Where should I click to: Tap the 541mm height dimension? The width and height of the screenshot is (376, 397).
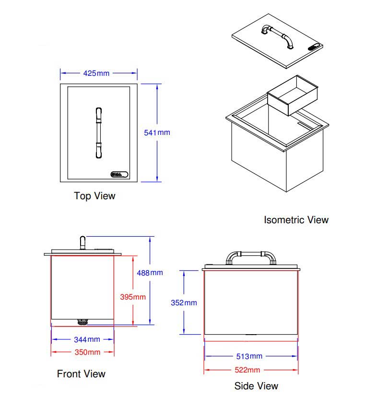pyautogui.click(x=157, y=132)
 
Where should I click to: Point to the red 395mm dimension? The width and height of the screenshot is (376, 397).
pyautogui.click(x=132, y=297)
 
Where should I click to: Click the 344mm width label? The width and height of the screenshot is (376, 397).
pyautogui.click(x=87, y=339)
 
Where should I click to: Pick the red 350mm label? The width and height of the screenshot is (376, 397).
pyautogui.click(x=87, y=352)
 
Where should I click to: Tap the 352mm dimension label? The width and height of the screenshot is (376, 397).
pyautogui.click(x=184, y=303)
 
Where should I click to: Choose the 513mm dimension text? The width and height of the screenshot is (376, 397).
pyautogui.click(x=249, y=356)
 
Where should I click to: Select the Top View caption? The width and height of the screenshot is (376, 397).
pyautogui.click(x=94, y=196)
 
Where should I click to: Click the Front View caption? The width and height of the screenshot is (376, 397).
pyautogui.click(x=81, y=373)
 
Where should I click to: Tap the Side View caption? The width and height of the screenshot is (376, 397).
pyautogui.click(x=256, y=385)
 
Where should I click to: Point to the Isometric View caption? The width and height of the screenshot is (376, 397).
pyautogui.click(x=296, y=220)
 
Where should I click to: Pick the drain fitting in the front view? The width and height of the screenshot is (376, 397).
pyautogui.click(x=82, y=321)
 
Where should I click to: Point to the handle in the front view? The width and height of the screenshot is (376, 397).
pyautogui.click(x=82, y=242)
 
